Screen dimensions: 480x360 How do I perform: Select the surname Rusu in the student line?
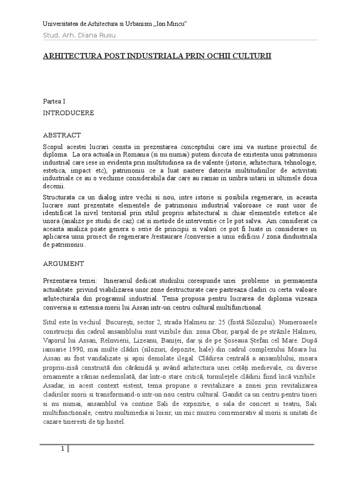point(106,35)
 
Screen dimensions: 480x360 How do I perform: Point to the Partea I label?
point(54,101)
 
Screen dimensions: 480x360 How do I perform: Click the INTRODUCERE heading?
point(68,113)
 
